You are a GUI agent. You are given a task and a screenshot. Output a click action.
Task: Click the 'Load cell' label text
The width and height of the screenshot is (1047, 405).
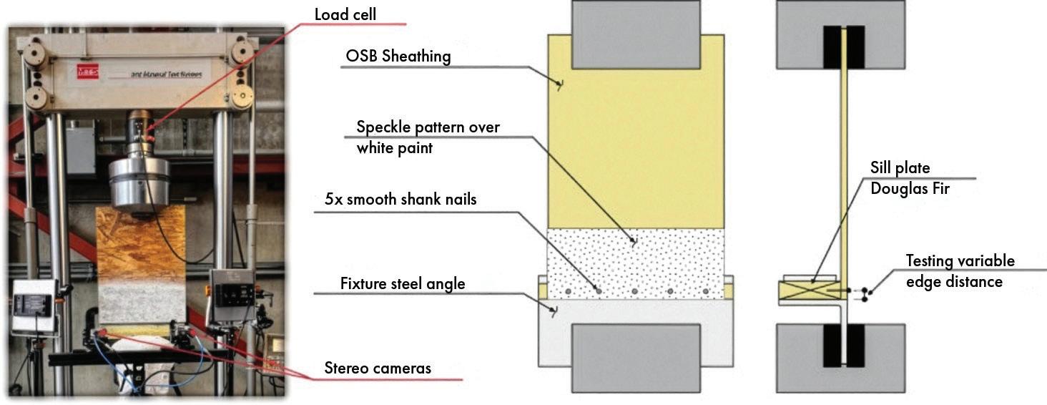[x=345, y=14]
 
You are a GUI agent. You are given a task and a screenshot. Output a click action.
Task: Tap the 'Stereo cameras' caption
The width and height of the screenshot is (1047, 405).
[x=378, y=369]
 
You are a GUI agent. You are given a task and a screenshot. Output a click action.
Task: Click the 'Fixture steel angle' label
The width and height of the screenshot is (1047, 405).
[x=402, y=284]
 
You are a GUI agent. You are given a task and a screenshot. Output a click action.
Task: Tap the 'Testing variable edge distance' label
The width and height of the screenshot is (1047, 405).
[x=960, y=271]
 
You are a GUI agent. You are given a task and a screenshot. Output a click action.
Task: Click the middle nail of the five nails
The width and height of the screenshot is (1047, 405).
[x=635, y=292]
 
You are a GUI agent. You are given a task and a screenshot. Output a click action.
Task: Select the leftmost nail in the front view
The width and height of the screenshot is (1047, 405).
[x=566, y=292]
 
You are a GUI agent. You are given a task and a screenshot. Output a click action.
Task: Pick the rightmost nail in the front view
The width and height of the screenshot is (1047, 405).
[x=705, y=292]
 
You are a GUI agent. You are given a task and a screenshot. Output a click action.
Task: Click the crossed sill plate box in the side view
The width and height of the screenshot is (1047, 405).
[x=808, y=291]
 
